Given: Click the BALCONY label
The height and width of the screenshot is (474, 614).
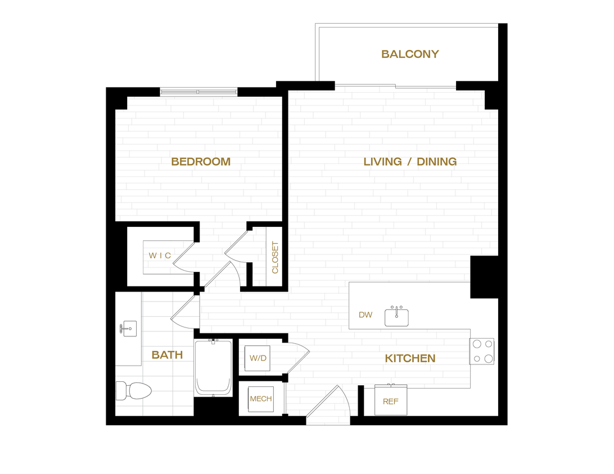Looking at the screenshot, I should pos(410,54).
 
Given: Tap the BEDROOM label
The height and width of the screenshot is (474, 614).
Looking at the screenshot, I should pos(201,162).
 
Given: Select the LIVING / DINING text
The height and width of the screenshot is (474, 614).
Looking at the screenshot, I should pos(410,162).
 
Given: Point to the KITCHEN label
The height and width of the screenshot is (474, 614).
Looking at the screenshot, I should pos(410,358).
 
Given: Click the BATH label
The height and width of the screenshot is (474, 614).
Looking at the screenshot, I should pos(167,355).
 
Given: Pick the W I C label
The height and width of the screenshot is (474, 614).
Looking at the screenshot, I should pos(160,256).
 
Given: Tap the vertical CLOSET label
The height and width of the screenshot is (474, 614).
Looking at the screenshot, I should pos(275,257).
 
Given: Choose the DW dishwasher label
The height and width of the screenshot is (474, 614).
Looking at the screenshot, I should pos(365,315).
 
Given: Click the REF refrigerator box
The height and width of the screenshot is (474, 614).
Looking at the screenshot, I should pos(391,400).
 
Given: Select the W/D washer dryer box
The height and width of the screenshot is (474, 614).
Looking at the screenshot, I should pos(258,358).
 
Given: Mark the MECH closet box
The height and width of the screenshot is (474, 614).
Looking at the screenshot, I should pos(260,399).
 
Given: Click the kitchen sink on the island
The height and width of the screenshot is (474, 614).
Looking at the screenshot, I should pos(396,317).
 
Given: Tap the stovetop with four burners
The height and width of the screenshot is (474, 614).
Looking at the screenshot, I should pos(482,351).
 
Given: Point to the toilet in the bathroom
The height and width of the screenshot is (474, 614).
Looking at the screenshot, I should pos(133,390).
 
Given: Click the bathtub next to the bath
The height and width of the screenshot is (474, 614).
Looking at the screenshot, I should pos(213,368).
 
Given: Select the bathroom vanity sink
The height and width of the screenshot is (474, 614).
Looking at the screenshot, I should pos(129,328).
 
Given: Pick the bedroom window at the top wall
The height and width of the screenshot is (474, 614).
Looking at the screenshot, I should pos(198,92).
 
